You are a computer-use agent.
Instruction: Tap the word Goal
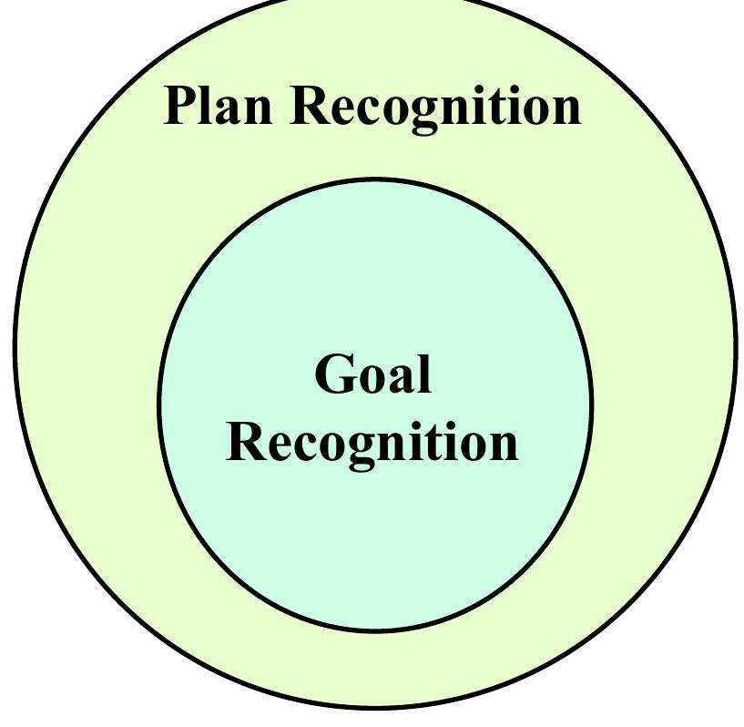click(372, 374)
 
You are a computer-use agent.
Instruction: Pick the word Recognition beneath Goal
click(372, 443)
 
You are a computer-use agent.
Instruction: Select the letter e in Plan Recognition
click(341, 109)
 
